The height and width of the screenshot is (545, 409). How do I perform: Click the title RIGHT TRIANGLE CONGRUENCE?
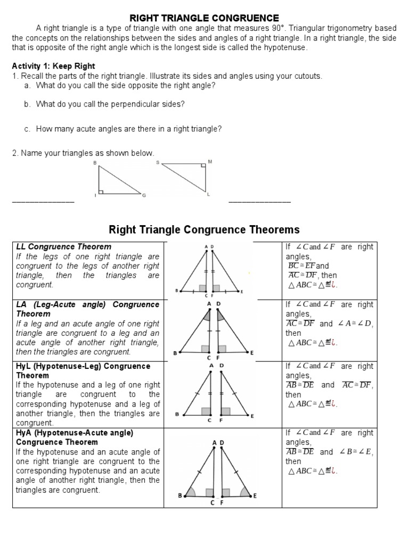click(x=205, y=18)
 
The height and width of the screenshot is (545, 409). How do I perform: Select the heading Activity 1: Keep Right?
click(x=53, y=66)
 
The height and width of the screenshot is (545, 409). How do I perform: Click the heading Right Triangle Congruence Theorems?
click(x=204, y=229)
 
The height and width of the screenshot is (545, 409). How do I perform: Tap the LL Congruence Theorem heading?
click(x=64, y=246)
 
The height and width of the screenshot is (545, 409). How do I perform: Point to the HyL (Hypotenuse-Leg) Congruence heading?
click(x=83, y=366)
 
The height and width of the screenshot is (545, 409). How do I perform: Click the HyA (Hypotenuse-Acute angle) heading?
click(x=75, y=433)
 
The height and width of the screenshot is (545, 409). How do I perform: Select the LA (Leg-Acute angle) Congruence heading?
click(x=87, y=304)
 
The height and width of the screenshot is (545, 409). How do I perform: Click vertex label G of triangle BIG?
click(x=143, y=196)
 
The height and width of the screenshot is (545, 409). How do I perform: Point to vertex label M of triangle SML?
click(x=210, y=161)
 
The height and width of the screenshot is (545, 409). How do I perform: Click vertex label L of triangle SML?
click(x=208, y=195)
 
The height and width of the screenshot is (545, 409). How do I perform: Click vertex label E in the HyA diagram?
click(x=255, y=496)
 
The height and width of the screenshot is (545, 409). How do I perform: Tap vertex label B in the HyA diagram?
click(x=180, y=496)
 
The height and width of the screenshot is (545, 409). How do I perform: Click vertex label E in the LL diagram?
click(x=242, y=292)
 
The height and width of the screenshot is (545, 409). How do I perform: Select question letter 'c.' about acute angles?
click(x=27, y=129)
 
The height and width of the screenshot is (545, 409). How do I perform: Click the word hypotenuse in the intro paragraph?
click(x=288, y=47)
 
